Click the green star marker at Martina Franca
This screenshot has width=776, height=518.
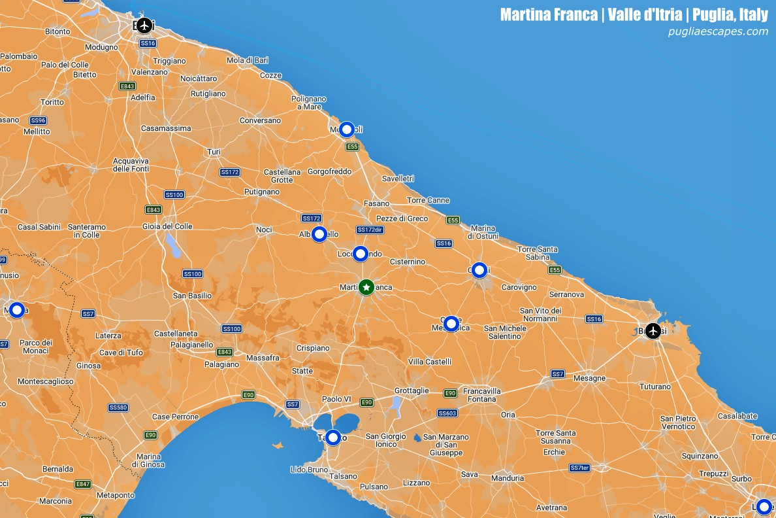(x=366, y=287)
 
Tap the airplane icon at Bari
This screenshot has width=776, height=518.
(x=144, y=26)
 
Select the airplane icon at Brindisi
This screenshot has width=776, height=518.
(x=653, y=331)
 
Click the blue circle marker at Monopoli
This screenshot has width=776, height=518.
(x=347, y=129)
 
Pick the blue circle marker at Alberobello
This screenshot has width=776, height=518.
(x=319, y=234)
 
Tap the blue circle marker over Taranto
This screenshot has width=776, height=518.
(x=333, y=438)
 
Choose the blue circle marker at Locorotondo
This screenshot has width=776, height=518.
(x=361, y=254)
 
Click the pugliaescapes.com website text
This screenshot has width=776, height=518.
(x=718, y=31)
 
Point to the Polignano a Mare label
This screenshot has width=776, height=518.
(x=308, y=103)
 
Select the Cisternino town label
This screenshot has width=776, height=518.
(x=407, y=262)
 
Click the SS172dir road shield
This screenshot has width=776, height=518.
(x=370, y=230)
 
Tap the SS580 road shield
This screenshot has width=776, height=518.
(x=118, y=407)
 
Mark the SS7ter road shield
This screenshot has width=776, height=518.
(x=579, y=468)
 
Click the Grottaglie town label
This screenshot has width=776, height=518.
(x=412, y=390)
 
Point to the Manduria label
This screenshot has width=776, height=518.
(x=508, y=478)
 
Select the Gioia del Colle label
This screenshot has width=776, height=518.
(x=167, y=226)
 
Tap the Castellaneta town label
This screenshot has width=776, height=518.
(x=176, y=334)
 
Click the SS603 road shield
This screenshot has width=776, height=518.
(x=447, y=413)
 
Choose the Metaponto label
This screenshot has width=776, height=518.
(x=115, y=495)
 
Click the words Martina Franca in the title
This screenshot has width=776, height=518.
(x=549, y=14)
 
